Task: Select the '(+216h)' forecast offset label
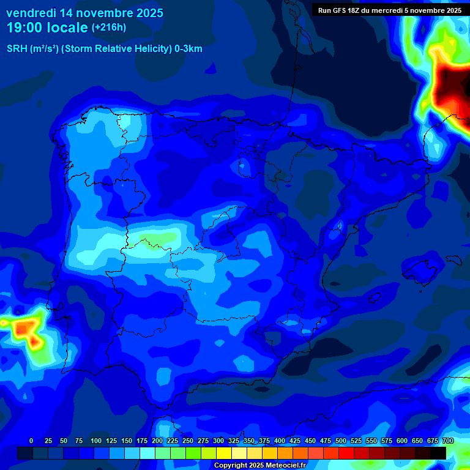tap(109, 28)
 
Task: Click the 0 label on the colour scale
tap(31, 441)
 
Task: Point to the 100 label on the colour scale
tap(96, 441)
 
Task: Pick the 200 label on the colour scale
tap(157, 441)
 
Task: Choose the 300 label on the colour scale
tap(218, 441)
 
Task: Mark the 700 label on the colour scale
tap(448, 441)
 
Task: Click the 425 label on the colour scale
tap(295, 441)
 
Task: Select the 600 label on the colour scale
tap(402, 441)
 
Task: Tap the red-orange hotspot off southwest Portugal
tap(24, 329)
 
